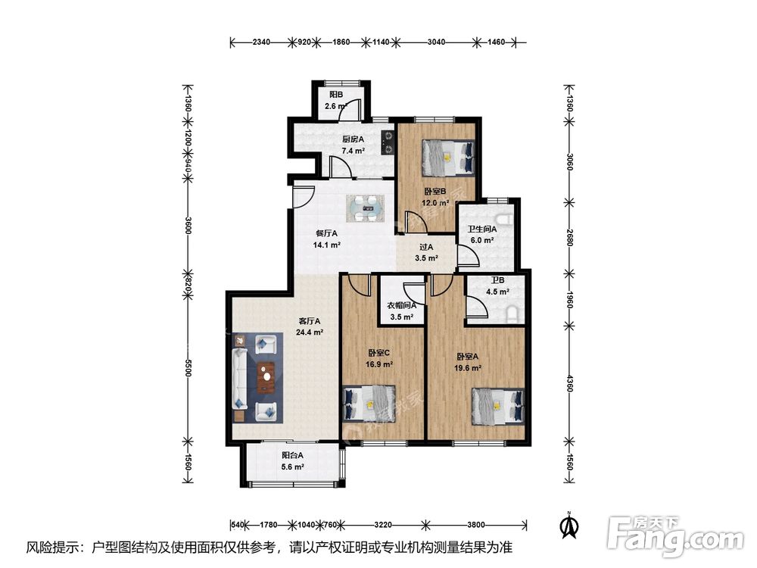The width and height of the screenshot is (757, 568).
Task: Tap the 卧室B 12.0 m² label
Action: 435,197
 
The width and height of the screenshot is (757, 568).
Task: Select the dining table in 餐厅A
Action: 366,209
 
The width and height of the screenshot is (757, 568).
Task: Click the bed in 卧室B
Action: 448,158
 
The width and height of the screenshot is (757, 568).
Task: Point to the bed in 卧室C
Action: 369,404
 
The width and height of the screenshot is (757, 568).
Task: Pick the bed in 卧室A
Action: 498,407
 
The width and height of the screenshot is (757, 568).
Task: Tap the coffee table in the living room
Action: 266,377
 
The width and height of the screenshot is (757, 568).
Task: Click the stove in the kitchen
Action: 388,143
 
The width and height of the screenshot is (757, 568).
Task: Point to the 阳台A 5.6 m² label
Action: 292,460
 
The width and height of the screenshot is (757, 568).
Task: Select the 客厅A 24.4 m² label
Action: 310,326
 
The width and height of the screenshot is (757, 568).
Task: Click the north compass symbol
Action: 570,525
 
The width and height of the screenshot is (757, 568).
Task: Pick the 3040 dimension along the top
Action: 437,42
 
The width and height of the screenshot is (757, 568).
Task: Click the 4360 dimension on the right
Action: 569,383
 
